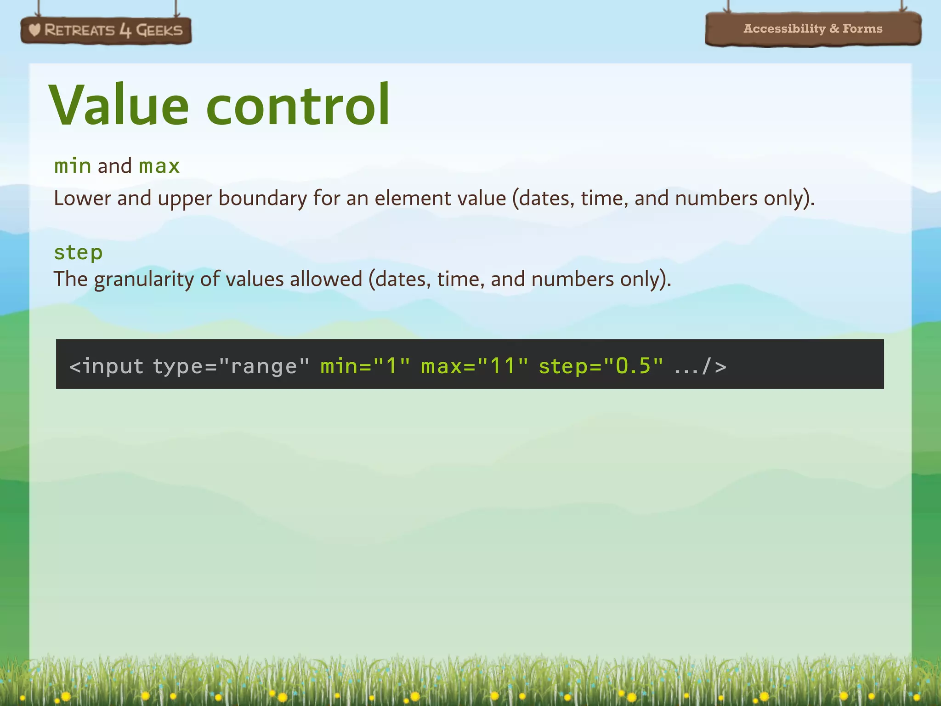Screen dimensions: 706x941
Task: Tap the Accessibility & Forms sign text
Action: coord(813,28)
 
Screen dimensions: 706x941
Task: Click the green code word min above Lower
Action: coord(73,166)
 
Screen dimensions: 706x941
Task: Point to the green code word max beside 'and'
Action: coord(159,166)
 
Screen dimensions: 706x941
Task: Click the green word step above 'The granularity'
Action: coord(78,252)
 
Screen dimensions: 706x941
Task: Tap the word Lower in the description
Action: coord(82,198)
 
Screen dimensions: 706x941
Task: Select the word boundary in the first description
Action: coord(263,199)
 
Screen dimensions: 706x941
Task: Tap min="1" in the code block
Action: coord(365,366)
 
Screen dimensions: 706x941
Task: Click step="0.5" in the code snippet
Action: coord(601,366)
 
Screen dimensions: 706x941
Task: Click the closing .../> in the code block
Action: coord(700,367)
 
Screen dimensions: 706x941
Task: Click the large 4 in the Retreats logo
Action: coord(125,30)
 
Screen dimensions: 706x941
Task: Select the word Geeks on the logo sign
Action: coord(159,30)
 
